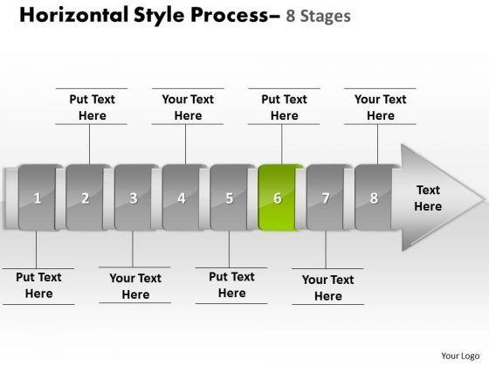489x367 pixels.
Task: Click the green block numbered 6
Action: pyautogui.click(x=278, y=197)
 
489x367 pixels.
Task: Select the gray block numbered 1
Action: pyautogui.click(x=38, y=197)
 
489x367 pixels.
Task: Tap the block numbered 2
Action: pyautogui.click(x=86, y=197)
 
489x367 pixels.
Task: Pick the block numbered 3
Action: pyautogui.click(x=133, y=197)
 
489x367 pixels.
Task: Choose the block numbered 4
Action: pyautogui.click(x=182, y=197)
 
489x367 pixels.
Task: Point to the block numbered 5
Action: pyautogui.click(x=229, y=197)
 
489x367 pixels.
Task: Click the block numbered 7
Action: pyautogui.click(x=325, y=197)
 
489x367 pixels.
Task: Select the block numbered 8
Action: pyautogui.click(x=374, y=197)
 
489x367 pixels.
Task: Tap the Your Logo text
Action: pyautogui.click(x=460, y=356)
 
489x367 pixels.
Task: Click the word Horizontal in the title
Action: pyautogui.click(x=74, y=15)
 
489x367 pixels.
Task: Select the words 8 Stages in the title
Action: pyautogui.click(x=318, y=17)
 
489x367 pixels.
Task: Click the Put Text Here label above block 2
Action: pyautogui.click(x=92, y=107)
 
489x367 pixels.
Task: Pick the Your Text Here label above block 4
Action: pyautogui.click(x=188, y=107)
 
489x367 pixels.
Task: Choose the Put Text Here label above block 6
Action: pyautogui.click(x=284, y=107)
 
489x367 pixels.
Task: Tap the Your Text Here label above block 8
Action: pyautogui.click(x=381, y=107)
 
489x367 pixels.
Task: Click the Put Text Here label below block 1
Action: pyautogui.click(x=38, y=285)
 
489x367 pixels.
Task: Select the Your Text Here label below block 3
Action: pyautogui.click(x=135, y=287)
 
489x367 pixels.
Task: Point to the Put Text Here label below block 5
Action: pyautogui.click(x=231, y=285)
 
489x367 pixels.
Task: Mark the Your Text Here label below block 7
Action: pyautogui.click(x=328, y=287)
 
